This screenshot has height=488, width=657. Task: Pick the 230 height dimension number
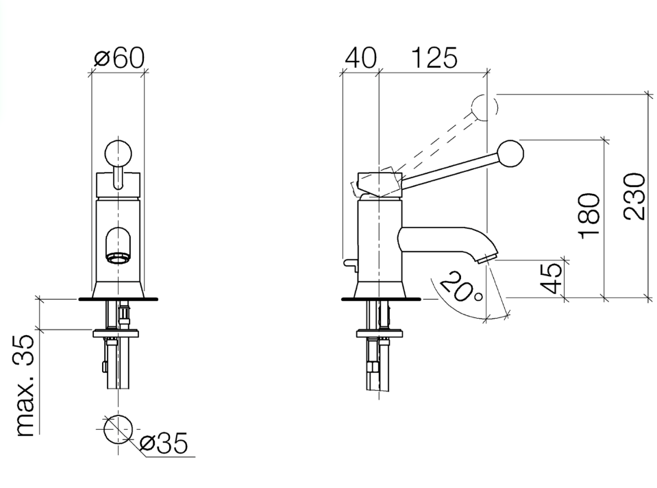(634, 196)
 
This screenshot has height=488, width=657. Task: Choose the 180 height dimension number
(590, 215)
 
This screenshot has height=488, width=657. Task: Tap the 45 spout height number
(551, 278)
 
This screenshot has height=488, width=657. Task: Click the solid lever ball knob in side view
(510, 153)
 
